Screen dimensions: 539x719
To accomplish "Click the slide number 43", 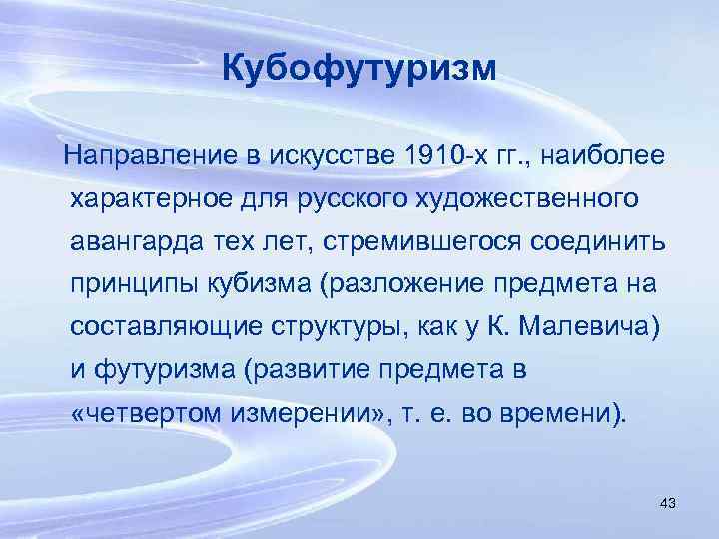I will tap(668, 503).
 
